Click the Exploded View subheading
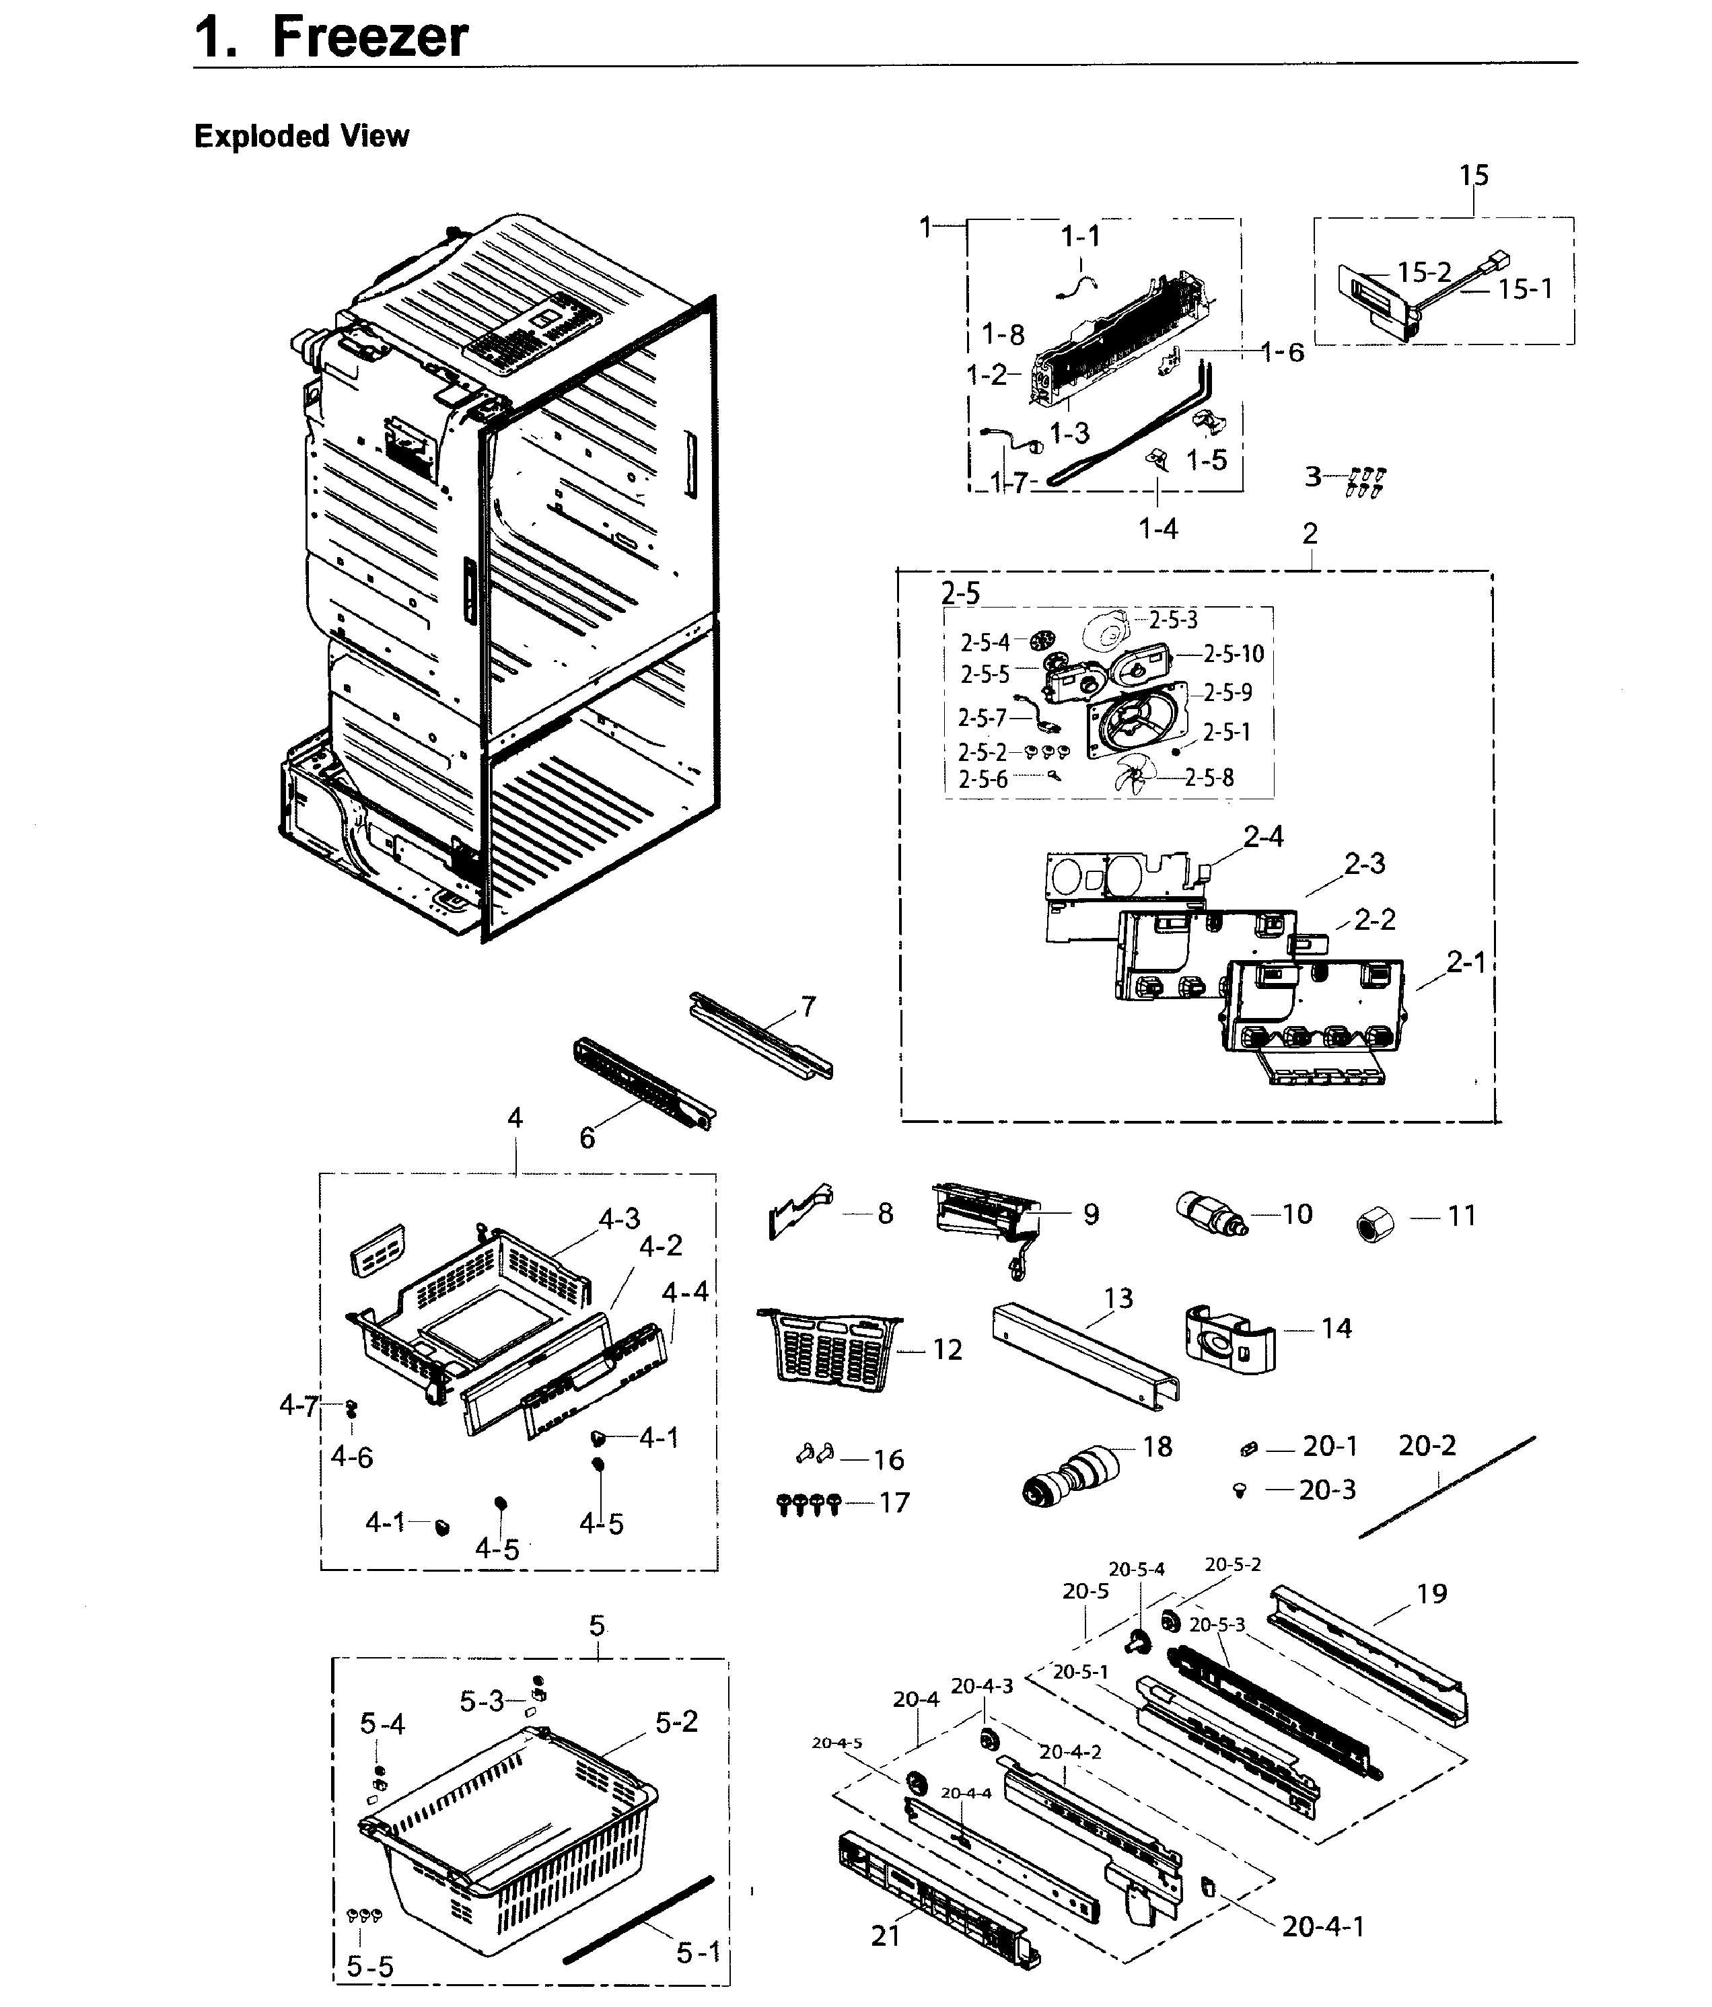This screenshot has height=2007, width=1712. pos(301,137)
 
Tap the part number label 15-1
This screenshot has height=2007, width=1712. pos(1525,289)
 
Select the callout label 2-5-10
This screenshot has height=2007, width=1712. pos(1234,654)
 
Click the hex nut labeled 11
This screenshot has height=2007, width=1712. pos(1374,1225)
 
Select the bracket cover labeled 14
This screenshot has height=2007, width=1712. pos(1229,1339)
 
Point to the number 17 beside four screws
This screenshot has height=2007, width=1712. pos(894,1502)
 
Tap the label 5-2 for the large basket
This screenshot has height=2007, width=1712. pos(676,1722)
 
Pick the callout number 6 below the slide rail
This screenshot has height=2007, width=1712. pos(587,1138)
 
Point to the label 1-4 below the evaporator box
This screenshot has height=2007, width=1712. pos(1157,529)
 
